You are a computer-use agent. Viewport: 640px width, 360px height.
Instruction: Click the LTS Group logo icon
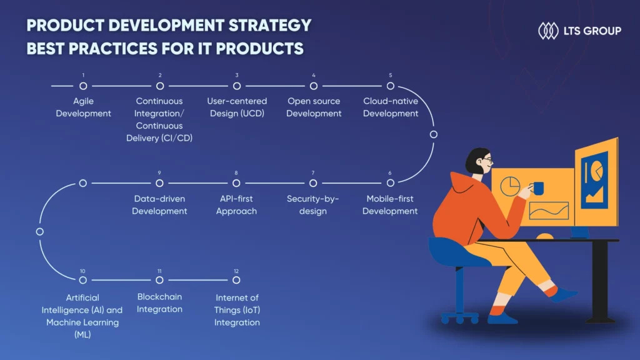point(548,31)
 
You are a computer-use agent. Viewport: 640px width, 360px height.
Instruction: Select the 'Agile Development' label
point(83,107)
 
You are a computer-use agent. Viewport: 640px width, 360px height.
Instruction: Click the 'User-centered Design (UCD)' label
point(237,107)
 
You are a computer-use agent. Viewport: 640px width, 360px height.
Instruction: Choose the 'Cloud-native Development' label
point(391,107)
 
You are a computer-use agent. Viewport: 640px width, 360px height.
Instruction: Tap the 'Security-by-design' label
point(313,205)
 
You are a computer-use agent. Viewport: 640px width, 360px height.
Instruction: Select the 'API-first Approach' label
point(236,205)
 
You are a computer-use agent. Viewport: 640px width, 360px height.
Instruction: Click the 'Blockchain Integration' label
point(159,303)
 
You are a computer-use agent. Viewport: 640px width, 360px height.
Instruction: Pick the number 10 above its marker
point(82,271)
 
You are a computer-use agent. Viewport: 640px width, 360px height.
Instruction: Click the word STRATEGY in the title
point(270,25)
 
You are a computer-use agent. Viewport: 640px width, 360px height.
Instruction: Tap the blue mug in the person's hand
point(538,188)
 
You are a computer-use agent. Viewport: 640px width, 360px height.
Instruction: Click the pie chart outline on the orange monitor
point(510,186)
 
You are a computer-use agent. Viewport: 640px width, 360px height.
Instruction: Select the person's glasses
point(487,159)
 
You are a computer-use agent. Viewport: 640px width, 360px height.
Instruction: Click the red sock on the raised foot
point(551,291)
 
